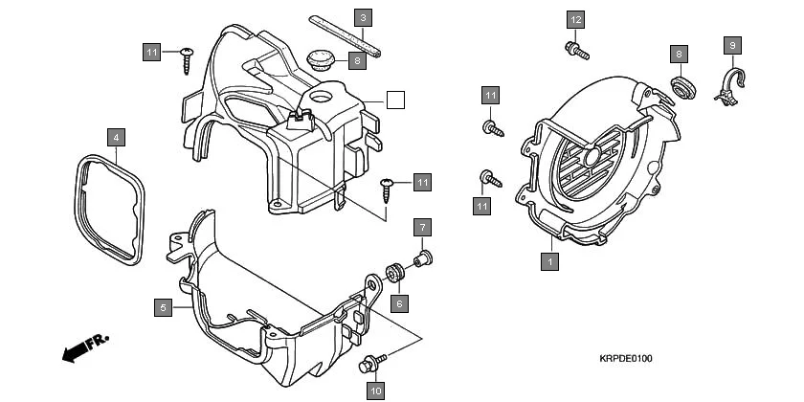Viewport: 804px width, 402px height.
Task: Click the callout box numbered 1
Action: [549, 259]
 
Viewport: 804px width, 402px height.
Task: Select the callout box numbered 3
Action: [363, 16]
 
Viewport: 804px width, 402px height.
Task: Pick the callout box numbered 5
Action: [164, 307]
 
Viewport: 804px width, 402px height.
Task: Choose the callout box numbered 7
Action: [422, 227]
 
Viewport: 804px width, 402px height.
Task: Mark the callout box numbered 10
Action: [375, 390]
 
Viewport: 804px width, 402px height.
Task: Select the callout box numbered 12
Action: [575, 20]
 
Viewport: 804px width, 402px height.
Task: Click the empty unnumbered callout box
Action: [395, 99]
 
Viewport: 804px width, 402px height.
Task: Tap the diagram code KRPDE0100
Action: [626, 359]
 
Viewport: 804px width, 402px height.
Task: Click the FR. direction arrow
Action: [85, 346]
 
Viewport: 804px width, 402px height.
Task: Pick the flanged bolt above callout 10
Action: [371, 363]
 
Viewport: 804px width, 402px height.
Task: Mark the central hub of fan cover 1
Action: [590, 156]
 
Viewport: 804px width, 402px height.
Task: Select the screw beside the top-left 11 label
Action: [186, 56]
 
